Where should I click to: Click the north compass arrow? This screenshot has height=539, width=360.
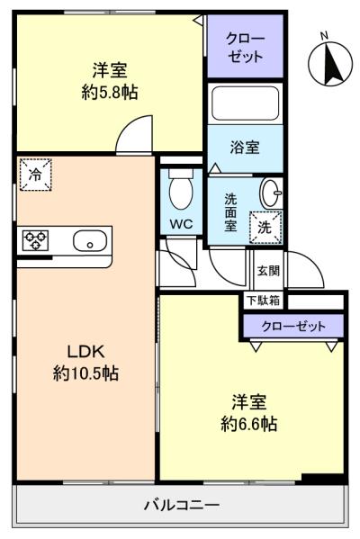(x=332, y=65)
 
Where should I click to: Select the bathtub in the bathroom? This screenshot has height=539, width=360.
(x=245, y=103)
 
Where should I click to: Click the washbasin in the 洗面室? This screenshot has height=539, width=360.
(x=271, y=193)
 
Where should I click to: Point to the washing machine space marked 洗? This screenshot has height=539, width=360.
(x=265, y=228)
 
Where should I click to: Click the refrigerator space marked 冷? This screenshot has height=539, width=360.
(x=35, y=175)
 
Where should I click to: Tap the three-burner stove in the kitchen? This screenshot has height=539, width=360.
(x=35, y=240)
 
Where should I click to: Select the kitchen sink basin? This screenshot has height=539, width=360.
(x=90, y=240)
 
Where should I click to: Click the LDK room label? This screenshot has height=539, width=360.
(x=85, y=351)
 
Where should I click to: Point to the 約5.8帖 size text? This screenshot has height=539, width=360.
(x=110, y=92)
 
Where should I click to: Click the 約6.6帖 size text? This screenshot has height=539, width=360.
(x=249, y=424)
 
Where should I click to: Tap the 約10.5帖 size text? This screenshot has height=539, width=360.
(x=85, y=373)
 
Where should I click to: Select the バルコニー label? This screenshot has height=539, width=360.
(x=182, y=505)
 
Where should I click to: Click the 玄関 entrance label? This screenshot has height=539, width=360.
(x=268, y=271)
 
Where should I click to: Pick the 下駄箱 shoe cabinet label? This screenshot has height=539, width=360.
(x=264, y=301)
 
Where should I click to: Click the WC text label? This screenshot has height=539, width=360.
(x=181, y=224)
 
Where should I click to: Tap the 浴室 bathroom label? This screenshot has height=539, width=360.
(x=245, y=148)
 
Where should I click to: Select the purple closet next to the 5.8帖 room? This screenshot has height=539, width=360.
(x=245, y=46)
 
